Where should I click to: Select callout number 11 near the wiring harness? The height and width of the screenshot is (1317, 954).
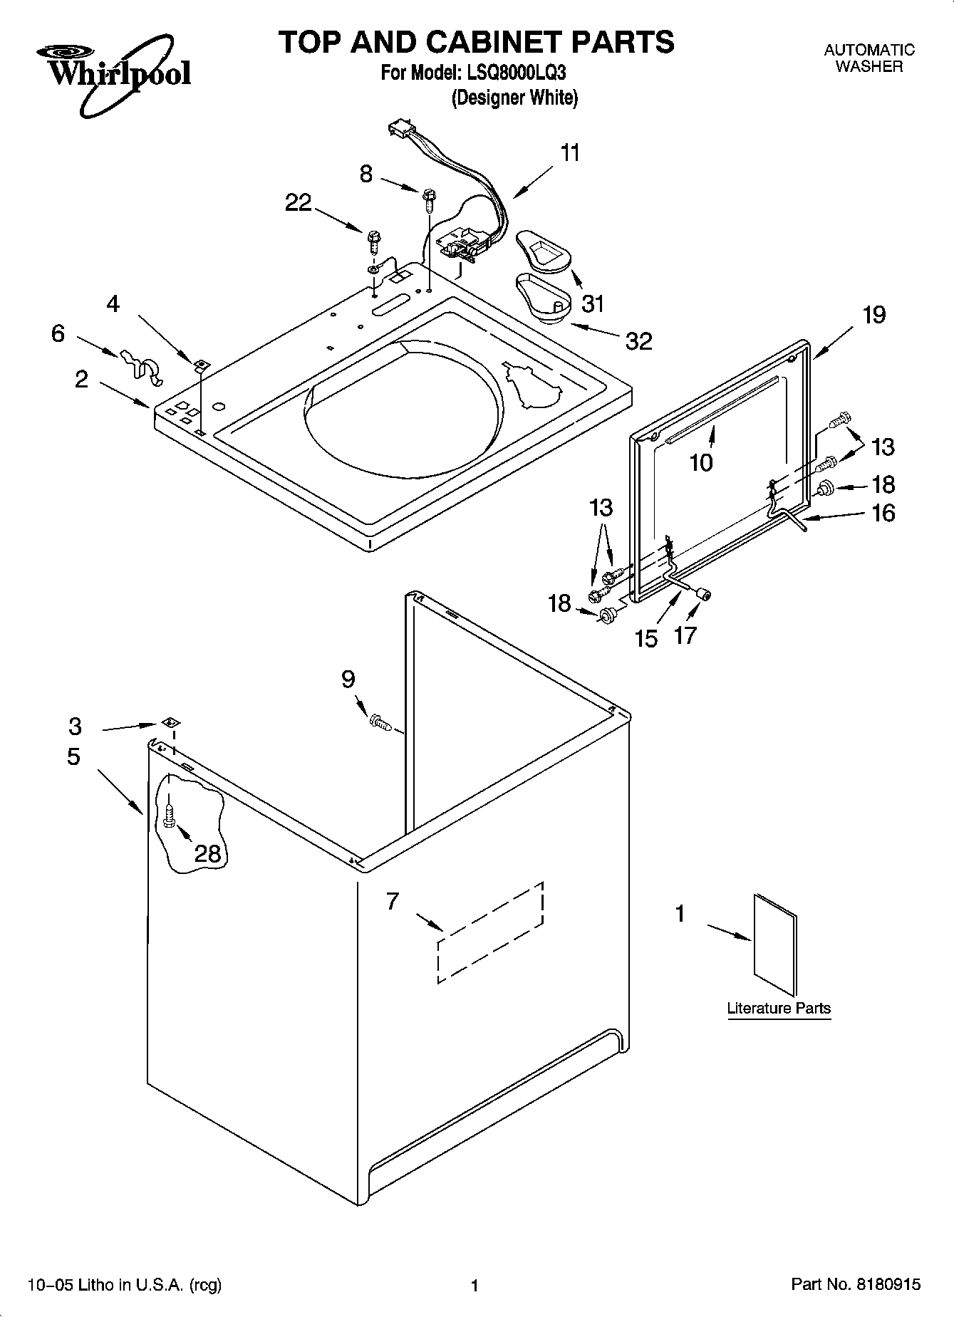[570, 153]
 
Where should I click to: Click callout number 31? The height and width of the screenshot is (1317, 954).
[592, 303]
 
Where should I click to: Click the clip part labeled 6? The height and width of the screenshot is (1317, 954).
[140, 363]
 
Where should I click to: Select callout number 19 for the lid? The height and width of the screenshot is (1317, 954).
[874, 315]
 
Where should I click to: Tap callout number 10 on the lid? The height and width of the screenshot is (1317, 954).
[701, 463]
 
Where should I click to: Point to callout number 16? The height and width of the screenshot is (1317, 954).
[883, 513]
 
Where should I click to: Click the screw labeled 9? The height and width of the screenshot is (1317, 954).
[380, 724]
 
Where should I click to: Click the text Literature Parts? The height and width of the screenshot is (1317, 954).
[778, 1008]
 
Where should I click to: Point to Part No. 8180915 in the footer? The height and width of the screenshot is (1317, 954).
[856, 1285]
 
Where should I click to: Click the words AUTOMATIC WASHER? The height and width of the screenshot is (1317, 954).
[869, 58]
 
